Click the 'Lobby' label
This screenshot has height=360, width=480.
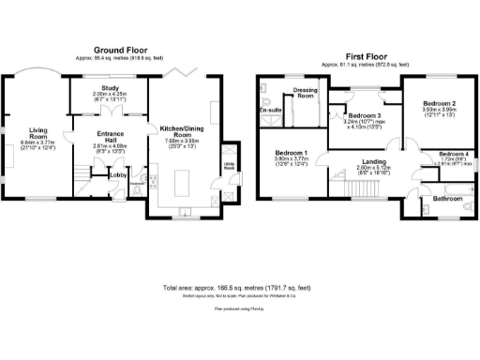[x=119, y=174]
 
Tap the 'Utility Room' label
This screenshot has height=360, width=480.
[x=228, y=166]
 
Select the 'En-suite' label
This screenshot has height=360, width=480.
[x=271, y=111]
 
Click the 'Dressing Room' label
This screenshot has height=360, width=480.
[x=305, y=93]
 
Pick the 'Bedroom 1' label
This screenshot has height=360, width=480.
[x=292, y=152]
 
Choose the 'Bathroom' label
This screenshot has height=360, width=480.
[x=438, y=199]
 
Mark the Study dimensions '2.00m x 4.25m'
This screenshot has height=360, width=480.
[x=111, y=95]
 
